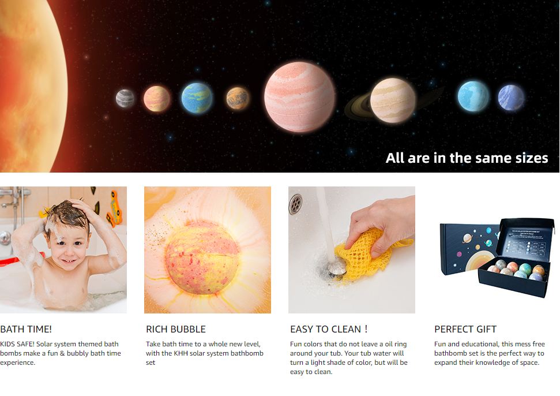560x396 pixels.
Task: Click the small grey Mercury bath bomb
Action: [x=125, y=98]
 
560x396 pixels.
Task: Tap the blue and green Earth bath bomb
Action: [x=197, y=98]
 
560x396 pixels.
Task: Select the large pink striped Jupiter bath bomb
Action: [x=300, y=97]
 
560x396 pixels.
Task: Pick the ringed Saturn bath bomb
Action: [x=393, y=100]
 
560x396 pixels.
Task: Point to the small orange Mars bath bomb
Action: [x=238, y=98]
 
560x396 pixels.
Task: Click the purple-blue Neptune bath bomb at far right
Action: [x=511, y=97]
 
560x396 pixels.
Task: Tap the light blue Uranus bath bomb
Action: [x=473, y=96]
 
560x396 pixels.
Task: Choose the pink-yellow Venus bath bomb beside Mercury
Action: [x=157, y=98]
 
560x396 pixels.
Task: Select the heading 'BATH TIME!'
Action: [x=26, y=329]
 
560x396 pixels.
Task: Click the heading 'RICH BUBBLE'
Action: [x=176, y=329]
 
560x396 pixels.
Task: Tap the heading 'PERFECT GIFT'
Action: [x=465, y=329]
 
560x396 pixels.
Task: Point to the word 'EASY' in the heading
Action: [x=302, y=329]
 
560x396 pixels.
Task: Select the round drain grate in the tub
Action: [x=295, y=204]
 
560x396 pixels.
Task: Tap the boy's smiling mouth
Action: [x=68, y=261]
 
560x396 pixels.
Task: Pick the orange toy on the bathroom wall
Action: [x=115, y=209]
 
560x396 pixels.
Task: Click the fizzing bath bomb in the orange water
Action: [x=202, y=257]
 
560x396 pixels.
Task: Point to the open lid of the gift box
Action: [x=526, y=238]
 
